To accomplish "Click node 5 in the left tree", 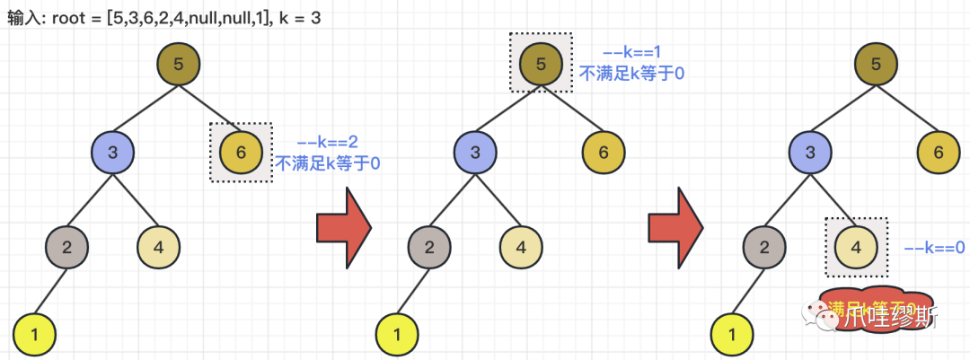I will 178,64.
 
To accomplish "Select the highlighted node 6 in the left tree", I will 240,153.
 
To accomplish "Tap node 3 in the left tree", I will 113,153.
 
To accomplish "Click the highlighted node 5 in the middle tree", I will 540,64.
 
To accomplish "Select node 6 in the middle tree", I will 604,153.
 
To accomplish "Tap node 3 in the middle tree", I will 476,153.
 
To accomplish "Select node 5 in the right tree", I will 877,64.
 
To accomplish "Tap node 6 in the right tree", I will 939,153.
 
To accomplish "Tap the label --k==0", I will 933,247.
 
